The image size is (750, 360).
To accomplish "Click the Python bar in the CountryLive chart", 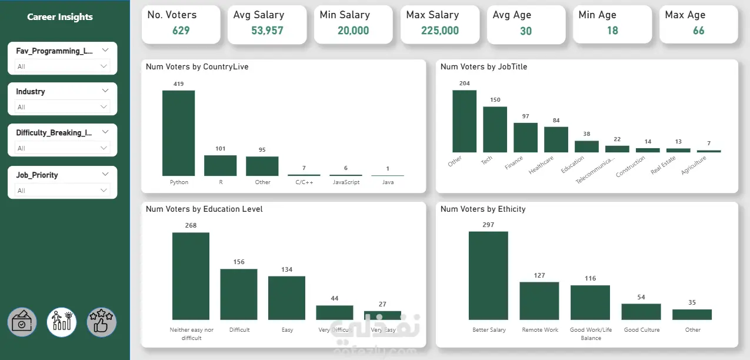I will (x=178, y=133).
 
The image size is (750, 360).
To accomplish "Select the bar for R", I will (x=220, y=165).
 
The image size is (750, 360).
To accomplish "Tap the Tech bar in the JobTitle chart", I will (x=495, y=129).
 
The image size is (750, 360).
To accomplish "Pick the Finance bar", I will (x=525, y=138).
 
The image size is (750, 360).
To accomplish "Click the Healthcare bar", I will (x=556, y=139).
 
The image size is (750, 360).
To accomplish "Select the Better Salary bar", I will (x=488, y=276).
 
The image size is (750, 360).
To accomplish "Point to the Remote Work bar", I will (x=539, y=301).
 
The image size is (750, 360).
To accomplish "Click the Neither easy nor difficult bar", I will (x=191, y=276).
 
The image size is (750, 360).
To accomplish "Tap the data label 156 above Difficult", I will (x=239, y=262).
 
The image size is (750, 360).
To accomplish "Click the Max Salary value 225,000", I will (x=440, y=31).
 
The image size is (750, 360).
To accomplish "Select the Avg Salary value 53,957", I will (x=267, y=31).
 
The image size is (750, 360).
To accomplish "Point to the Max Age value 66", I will (x=698, y=31).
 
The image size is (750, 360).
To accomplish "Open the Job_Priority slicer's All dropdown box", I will (x=62, y=190).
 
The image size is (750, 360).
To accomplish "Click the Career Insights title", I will (x=60, y=17).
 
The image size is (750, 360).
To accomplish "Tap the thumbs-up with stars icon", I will (x=101, y=322).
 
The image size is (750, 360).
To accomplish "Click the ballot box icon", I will (x=22, y=322).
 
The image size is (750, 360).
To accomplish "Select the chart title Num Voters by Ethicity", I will (x=483, y=209).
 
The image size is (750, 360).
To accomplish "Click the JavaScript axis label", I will (x=346, y=182).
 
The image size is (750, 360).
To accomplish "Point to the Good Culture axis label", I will (x=642, y=330).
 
